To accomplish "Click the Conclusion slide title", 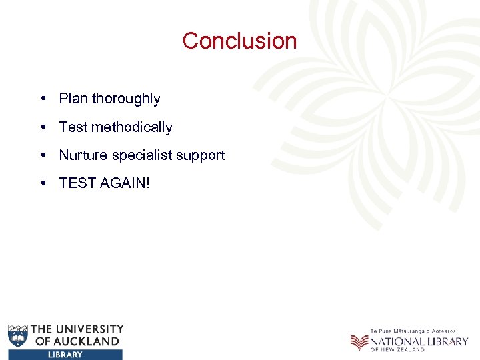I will pos(239,41).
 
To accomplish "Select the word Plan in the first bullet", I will pos(73,99).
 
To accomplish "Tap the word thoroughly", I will pos(126,99).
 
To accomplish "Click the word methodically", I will pos(132,127).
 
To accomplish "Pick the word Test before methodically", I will pos(73,127).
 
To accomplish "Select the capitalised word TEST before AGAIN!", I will pos(77,183).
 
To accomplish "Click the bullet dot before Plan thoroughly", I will pos(42,99).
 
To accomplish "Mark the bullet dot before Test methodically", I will pos(42,127).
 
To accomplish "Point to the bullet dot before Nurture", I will pos(42,155).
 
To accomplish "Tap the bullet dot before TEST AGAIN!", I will pos(42,183).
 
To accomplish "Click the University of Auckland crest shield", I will pos(19,335).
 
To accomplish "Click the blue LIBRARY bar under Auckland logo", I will pos(65,355).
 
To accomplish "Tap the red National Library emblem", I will pos(359,341).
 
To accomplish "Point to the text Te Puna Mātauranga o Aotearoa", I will pos(413,331).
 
